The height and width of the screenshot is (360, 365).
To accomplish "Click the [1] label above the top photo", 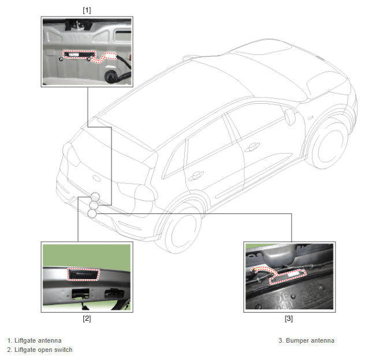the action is [x=87, y=10].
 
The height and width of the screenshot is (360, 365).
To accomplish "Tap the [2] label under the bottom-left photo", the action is [x=87, y=318].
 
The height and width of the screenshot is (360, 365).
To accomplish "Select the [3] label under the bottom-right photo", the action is [x=289, y=318].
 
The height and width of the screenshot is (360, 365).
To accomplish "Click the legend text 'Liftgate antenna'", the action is [x=38, y=340].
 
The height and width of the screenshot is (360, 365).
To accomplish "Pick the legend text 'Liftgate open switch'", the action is [x=43, y=350].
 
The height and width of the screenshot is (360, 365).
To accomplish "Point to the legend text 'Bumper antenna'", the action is [x=310, y=340].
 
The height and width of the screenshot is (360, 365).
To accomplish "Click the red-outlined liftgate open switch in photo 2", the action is [x=83, y=275].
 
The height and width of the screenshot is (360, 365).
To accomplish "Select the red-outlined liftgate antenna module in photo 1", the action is [x=79, y=54].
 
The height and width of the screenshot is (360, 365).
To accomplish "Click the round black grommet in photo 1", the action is [x=110, y=77].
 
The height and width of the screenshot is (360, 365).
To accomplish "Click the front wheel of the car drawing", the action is [x=330, y=145].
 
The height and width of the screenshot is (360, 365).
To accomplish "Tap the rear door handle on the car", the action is [x=196, y=175].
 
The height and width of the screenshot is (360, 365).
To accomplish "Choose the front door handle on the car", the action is [x=252, y=147].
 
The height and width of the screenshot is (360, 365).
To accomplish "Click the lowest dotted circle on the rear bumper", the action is [x=92, y=213].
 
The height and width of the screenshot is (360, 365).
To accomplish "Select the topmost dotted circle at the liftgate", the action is [x=95, y=197].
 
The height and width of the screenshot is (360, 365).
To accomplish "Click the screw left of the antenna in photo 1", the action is [x=61, y=59].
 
